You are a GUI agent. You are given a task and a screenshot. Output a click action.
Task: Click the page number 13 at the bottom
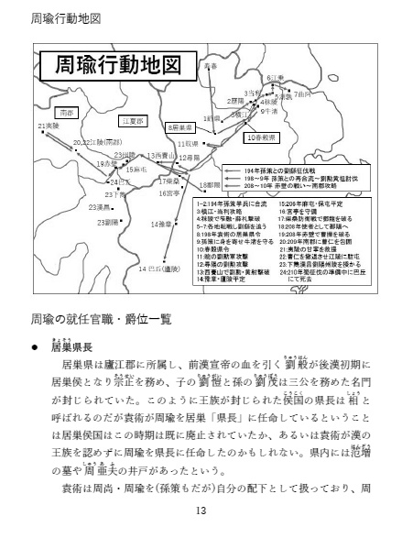point(201,511)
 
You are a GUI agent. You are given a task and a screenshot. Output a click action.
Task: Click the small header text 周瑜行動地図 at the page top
point(65,17)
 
